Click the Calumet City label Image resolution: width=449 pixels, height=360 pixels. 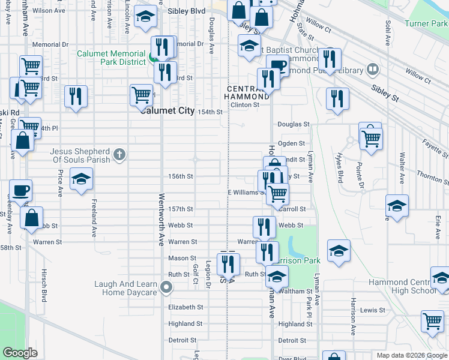[167, 110]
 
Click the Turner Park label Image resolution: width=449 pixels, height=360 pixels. [426, 24]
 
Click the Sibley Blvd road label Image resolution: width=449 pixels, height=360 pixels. [187, 11]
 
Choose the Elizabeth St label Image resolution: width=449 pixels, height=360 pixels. [185, 307]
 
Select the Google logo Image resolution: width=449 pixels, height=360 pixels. [20, 353]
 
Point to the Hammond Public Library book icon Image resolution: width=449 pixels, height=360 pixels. [372, 70]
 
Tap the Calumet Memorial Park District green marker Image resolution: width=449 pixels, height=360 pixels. [152, 59]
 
